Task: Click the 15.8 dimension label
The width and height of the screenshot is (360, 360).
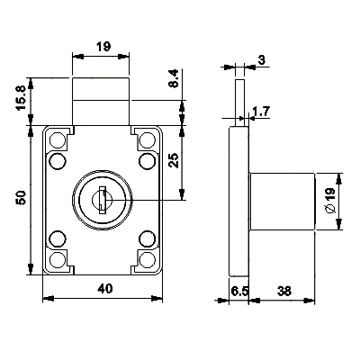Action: click(22, 99)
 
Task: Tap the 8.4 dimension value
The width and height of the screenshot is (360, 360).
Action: click(174, 78)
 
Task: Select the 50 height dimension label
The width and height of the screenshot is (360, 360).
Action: click(22, 198)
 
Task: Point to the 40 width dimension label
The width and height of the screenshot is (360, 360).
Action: click(104, 289)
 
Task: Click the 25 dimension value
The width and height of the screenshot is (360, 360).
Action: click(174, 160)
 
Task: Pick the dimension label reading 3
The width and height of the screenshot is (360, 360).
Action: click(262, 60)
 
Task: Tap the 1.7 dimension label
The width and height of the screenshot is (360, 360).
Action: click(261, 112)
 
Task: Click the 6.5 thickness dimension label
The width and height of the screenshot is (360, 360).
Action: click(239, 291)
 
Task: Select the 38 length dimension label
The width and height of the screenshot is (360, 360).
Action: click(283, 291)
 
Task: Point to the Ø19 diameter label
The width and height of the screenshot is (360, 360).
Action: click(329, 201)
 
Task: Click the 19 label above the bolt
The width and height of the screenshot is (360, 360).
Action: click(103, 47)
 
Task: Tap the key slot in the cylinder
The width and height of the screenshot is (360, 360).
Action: click(103, 200)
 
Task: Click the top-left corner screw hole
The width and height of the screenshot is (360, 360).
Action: click(57, 139)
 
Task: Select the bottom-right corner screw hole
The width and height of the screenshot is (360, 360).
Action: click(147, 259)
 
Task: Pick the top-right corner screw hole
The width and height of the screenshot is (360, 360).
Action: click(147, 139)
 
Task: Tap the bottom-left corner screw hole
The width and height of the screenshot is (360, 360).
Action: click(57, 259)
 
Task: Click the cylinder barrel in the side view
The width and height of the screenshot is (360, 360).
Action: click(283, 202)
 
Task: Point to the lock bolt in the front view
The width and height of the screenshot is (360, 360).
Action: click(101, 102)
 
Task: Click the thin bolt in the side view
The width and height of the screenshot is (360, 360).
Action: click(239, 103)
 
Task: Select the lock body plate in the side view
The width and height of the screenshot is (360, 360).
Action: click(239, 202)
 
